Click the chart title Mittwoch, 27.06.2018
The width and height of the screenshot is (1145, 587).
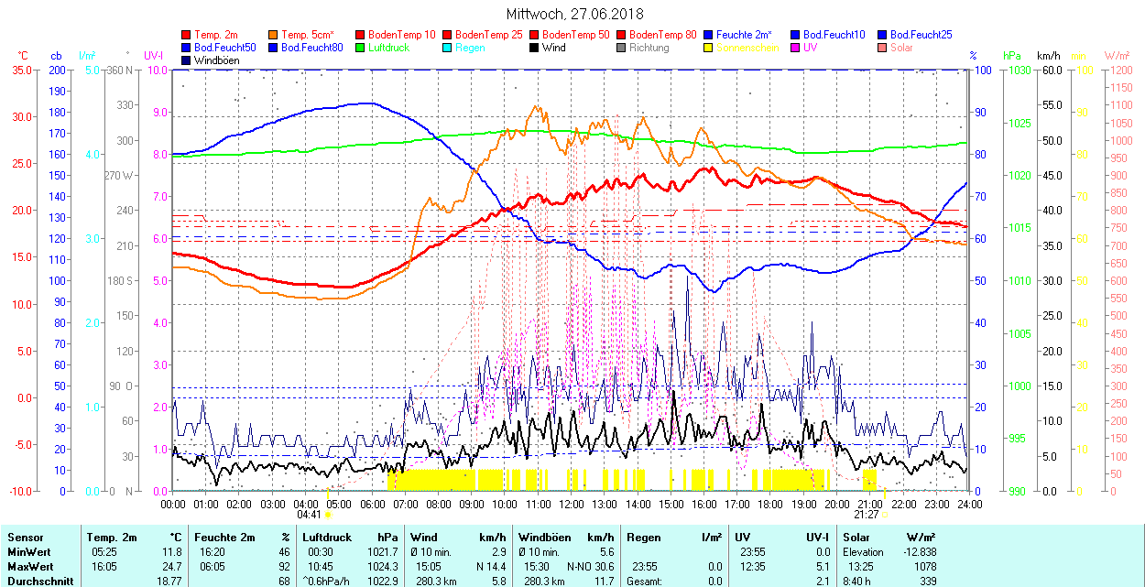click(x=574, y=14)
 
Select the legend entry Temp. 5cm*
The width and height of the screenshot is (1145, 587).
click(x=308, y=35)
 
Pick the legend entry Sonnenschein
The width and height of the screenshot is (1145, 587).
click(x=747, y=48)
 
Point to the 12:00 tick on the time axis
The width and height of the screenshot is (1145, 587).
click(x=572, y=505)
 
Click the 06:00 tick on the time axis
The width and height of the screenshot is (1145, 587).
click(x=372, y=505)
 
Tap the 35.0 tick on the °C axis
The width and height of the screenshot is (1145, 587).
click(x=18, y=71)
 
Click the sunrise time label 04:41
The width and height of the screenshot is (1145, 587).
click(x=309, y=515)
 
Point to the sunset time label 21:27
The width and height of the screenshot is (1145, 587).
click(x=867, y=515)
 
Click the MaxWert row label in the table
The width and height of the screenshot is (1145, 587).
click(x=29, y=566)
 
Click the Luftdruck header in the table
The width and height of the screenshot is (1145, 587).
click(x=326, y=538)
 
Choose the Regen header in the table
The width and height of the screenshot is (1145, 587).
click(x=643, y=538)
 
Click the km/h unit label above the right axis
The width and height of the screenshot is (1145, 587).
click(x=1048, y=56)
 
